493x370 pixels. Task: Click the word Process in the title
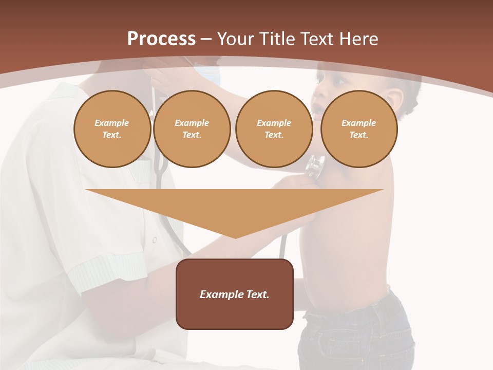pos(161,39)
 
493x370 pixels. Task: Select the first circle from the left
pos(112,129)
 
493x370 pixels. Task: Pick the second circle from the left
pos(192,129)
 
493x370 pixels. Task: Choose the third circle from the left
pos(274,129)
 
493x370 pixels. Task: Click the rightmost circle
pos(358,129)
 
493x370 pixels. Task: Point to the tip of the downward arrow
pos(235,237)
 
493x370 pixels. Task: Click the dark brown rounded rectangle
pos(235,313)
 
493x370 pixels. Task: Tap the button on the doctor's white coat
pos(154,239)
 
